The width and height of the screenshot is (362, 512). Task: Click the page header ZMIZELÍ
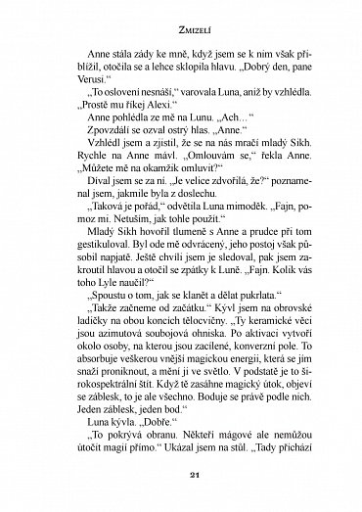[181, 30]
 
